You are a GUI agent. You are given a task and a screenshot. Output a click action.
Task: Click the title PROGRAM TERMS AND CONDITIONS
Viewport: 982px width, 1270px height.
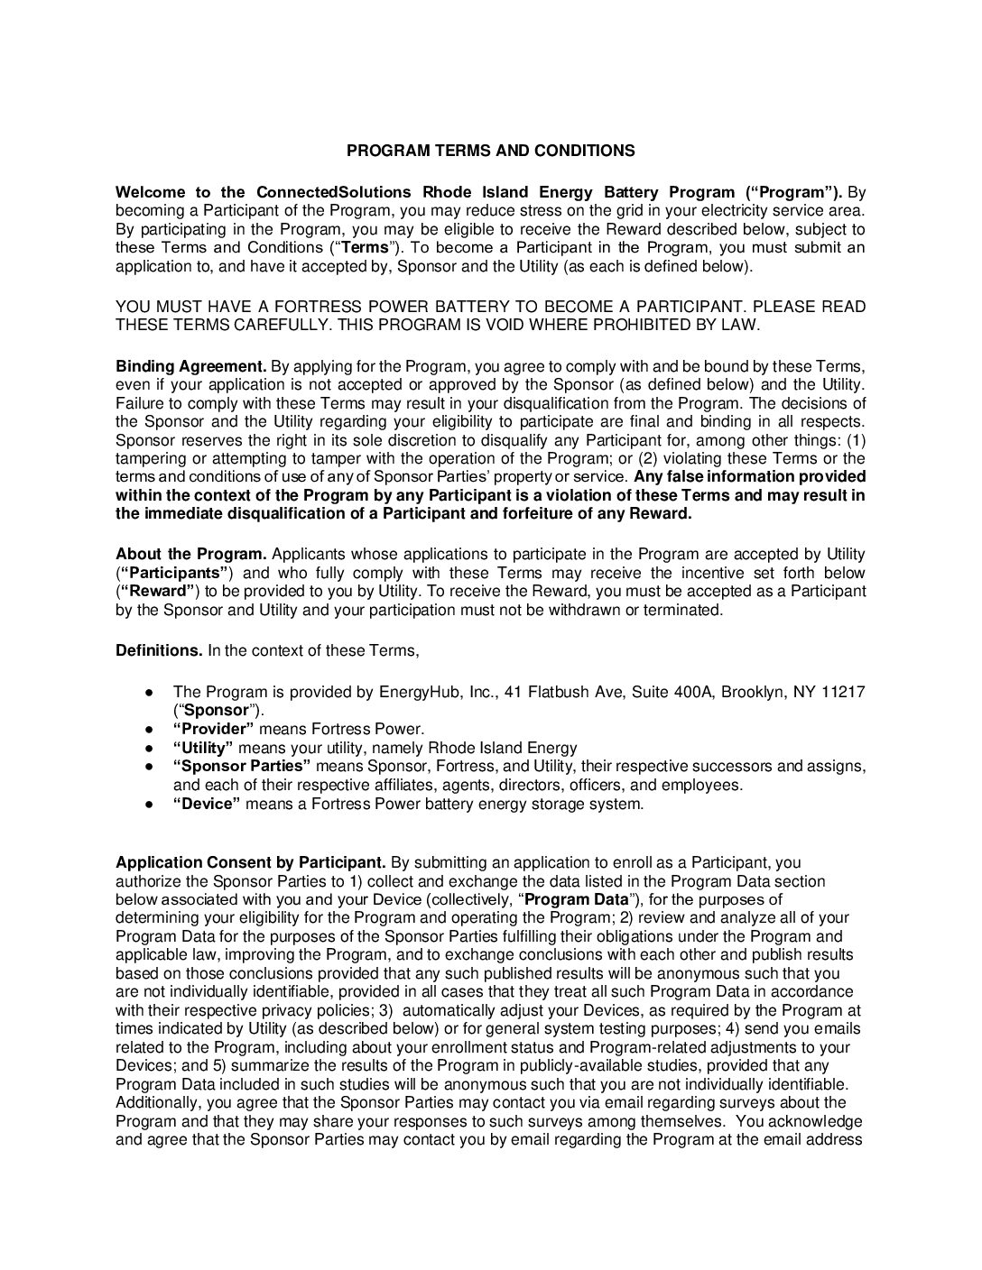491,151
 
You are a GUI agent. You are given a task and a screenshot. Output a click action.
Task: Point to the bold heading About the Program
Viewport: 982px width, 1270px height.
191,554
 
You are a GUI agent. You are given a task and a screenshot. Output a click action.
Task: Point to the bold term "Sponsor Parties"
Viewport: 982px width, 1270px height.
242,766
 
